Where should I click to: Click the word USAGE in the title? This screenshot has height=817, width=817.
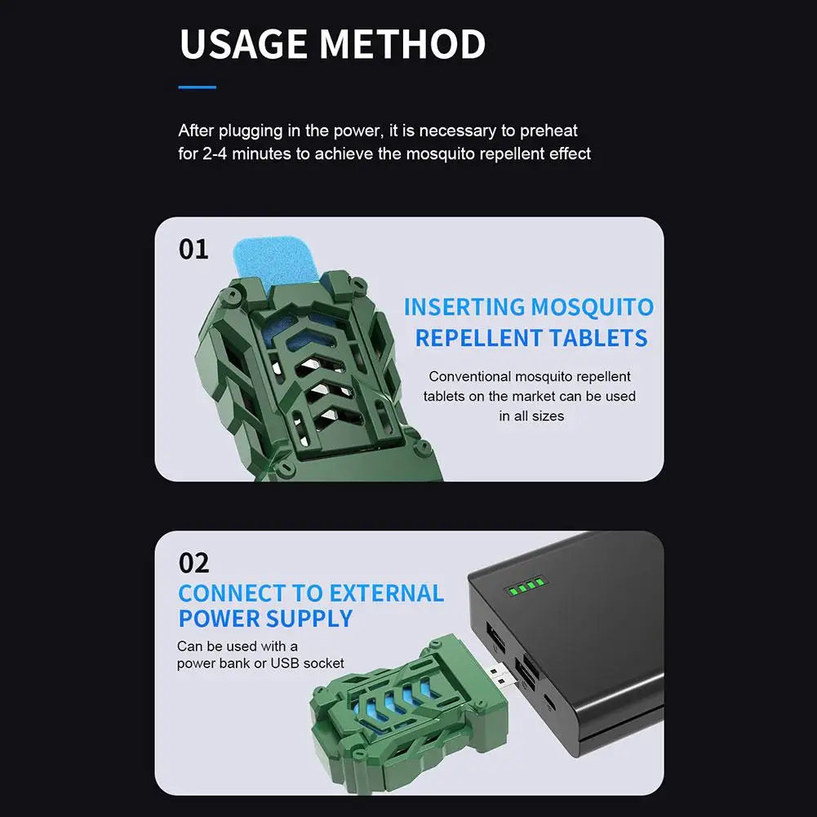(x=243, y=44)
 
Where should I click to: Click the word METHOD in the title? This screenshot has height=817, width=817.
(x=402, y=44)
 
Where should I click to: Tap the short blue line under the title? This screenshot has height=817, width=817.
(x=197, y=87)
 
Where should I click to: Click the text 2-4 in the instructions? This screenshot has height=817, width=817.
(x=215, y=153)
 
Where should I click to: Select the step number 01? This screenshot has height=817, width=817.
(x=193, y=249)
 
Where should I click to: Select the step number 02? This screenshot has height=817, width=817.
(x=193, y=562)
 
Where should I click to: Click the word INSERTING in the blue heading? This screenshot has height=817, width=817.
(x=464, y=307)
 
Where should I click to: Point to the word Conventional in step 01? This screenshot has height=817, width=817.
(x=470, y=376)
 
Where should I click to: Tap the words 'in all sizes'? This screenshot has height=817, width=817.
(x=531, y=416)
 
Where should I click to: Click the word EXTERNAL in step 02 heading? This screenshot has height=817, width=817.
(x=387, y=593)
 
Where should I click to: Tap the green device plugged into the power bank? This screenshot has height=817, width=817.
(x=410, y=714)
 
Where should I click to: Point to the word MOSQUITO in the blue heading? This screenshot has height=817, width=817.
(x=593, y=308)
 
